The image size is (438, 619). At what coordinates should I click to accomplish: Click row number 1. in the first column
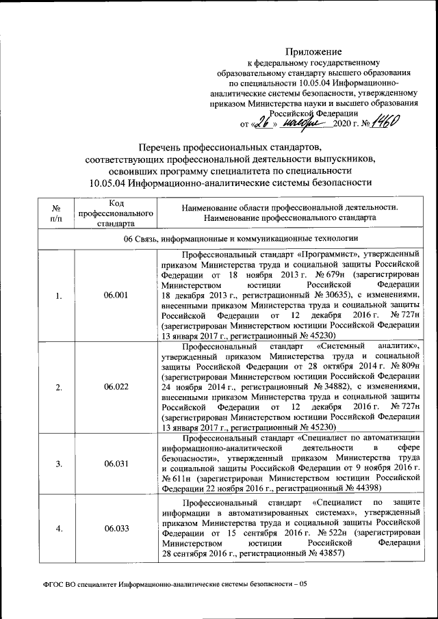pyautogui.click(x=58, y=295)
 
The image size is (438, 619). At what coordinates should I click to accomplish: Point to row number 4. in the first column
pyautogui.click(x=58, y=529)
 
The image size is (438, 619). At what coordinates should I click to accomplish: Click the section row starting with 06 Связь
pyautogui.click(x=241, y=238)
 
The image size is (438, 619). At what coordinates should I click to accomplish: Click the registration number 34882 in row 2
pyautogui.click(x=313, y=387)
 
